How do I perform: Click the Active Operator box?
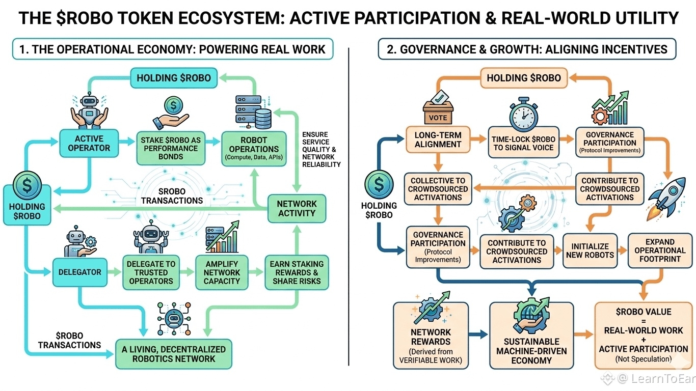(89, 143)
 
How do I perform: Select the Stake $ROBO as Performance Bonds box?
(171, 148)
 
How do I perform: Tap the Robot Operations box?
(254, 149)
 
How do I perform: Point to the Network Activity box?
(297, 208)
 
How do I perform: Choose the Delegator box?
(80, 272)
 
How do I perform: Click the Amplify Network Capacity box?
(222, 272)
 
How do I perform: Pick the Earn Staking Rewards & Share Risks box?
(297, 272)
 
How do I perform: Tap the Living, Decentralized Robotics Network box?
(174, 354)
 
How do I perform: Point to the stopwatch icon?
(524, 114)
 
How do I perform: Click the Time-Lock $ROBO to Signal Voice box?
(524, 143)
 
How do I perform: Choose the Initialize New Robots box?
(590, 250)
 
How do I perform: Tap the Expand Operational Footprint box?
(660, 250)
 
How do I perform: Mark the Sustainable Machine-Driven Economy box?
(531, 336)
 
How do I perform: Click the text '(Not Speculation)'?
(644, 359)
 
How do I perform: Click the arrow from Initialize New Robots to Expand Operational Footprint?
(623, 250)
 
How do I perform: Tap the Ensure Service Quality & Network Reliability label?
(322, 149)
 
